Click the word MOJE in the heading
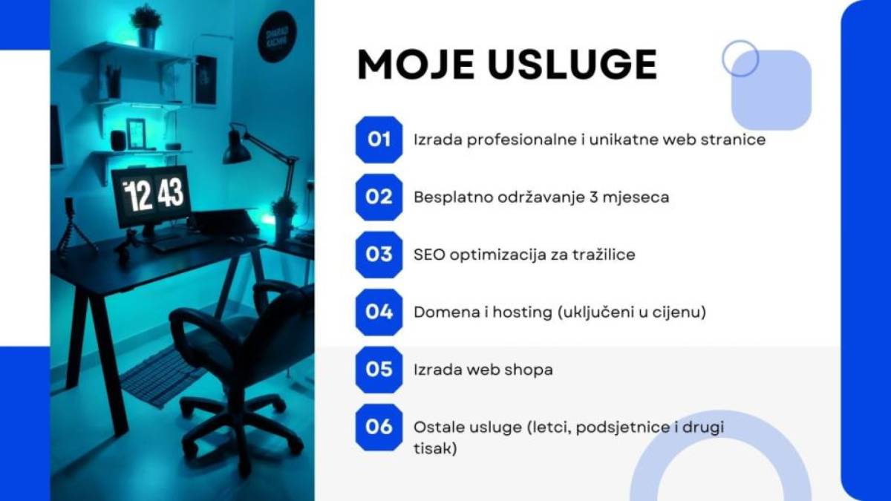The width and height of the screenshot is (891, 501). pos(415,65)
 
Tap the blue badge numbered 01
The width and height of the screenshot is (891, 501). pos(379,140)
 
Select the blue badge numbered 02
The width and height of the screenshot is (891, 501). pos(379,197)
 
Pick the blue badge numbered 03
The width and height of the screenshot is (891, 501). pos(379,255)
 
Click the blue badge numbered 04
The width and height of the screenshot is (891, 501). pos(379,312)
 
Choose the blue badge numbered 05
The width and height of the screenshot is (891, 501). pos(379,370)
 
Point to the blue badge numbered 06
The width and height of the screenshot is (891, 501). pos(379,427)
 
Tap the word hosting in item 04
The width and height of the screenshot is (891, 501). pos(522,313)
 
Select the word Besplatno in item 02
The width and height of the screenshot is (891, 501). pos(453,197)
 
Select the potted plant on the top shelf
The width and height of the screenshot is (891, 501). pos(146,26)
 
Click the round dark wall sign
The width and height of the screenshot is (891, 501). pos(277,36)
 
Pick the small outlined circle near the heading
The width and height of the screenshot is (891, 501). pos(740,59)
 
